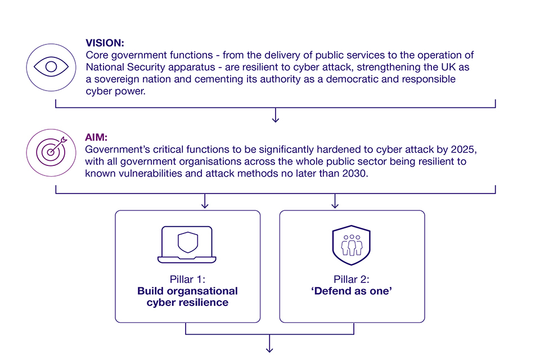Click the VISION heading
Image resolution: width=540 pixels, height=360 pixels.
(x=105, y=43)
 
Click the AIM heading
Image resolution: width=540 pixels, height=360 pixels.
(x=96, y=138)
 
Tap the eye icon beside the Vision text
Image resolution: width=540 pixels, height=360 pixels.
(x=51, y=66)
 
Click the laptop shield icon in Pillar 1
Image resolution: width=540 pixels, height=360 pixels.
(x=187, y=244)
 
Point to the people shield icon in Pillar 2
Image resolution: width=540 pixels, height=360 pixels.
(x=352, y=245)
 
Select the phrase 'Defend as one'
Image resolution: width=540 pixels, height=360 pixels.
(x=352, y=291)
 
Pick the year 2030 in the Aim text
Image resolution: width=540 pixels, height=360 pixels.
(x=355, y=174)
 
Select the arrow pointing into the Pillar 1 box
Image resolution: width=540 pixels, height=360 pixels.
(x=205, y=201)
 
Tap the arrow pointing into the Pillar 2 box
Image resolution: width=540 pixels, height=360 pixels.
(x=335, y=201)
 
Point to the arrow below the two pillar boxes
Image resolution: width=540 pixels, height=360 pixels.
(x=270, y=344)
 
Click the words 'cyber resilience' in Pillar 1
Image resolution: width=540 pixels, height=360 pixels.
(x=187, y=303)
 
